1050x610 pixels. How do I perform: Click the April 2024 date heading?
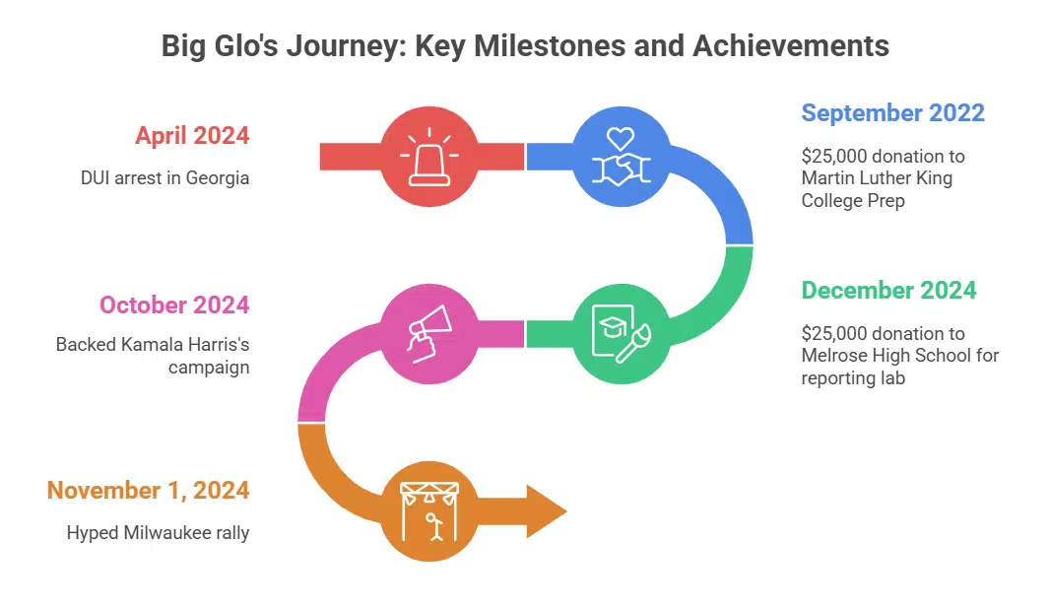pyautogui.click(x=192, y=136)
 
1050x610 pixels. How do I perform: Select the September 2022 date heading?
pyautogui.click(x=892, y=112)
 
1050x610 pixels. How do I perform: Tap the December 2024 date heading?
pyautogui.click(x=888, y=290)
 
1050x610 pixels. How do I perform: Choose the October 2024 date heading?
pyautogui.click(x=174, y=304)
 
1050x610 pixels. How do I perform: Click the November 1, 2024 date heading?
pyautogui.click(x=148, y=490)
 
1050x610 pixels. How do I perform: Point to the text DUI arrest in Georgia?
pyautogui.click(x=164, y=178)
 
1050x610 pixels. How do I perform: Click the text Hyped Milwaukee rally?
pyautogui.click(x=158, y=533)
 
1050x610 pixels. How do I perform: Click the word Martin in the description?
pyautogui.click(x=826, y=178)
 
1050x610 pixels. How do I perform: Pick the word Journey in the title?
pyautogui.click(x=318, y=45)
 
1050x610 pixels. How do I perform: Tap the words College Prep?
pyautogui.click(x=853, y=200)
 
